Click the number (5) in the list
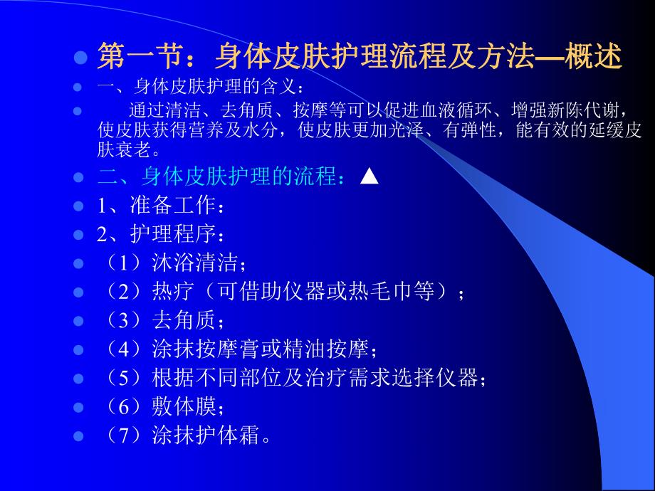click(x=122, y=378)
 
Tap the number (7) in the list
click(x=122, y=435)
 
